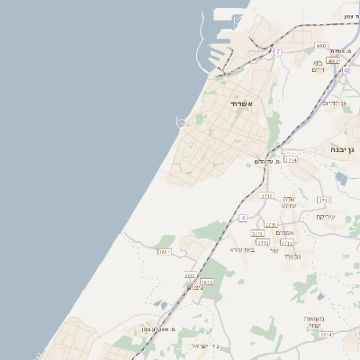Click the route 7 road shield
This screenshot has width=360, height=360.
click(x=278, y=52)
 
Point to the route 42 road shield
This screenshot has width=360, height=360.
click(x=346, y=69)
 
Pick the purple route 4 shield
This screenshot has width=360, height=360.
click(x=243, y=218)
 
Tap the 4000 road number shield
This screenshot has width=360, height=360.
click(x=321, y=45)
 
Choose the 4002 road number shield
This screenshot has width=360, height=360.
click(x=333, y=60)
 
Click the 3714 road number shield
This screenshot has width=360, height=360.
click(x=291, y=159)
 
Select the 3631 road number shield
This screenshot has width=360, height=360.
click(x=164, y=253)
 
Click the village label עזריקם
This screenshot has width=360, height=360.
click(x=325, y=216)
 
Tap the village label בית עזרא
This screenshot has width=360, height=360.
click(x=242, y=249)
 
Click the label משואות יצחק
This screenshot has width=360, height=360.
click(x=313, y=322)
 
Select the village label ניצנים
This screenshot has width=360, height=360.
click(x=195, y=287)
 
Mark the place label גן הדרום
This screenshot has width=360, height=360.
click(x=334, y=103)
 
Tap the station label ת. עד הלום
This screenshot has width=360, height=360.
click(x=265, y=161)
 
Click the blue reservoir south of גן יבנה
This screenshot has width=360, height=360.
click(x=341, y=178)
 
